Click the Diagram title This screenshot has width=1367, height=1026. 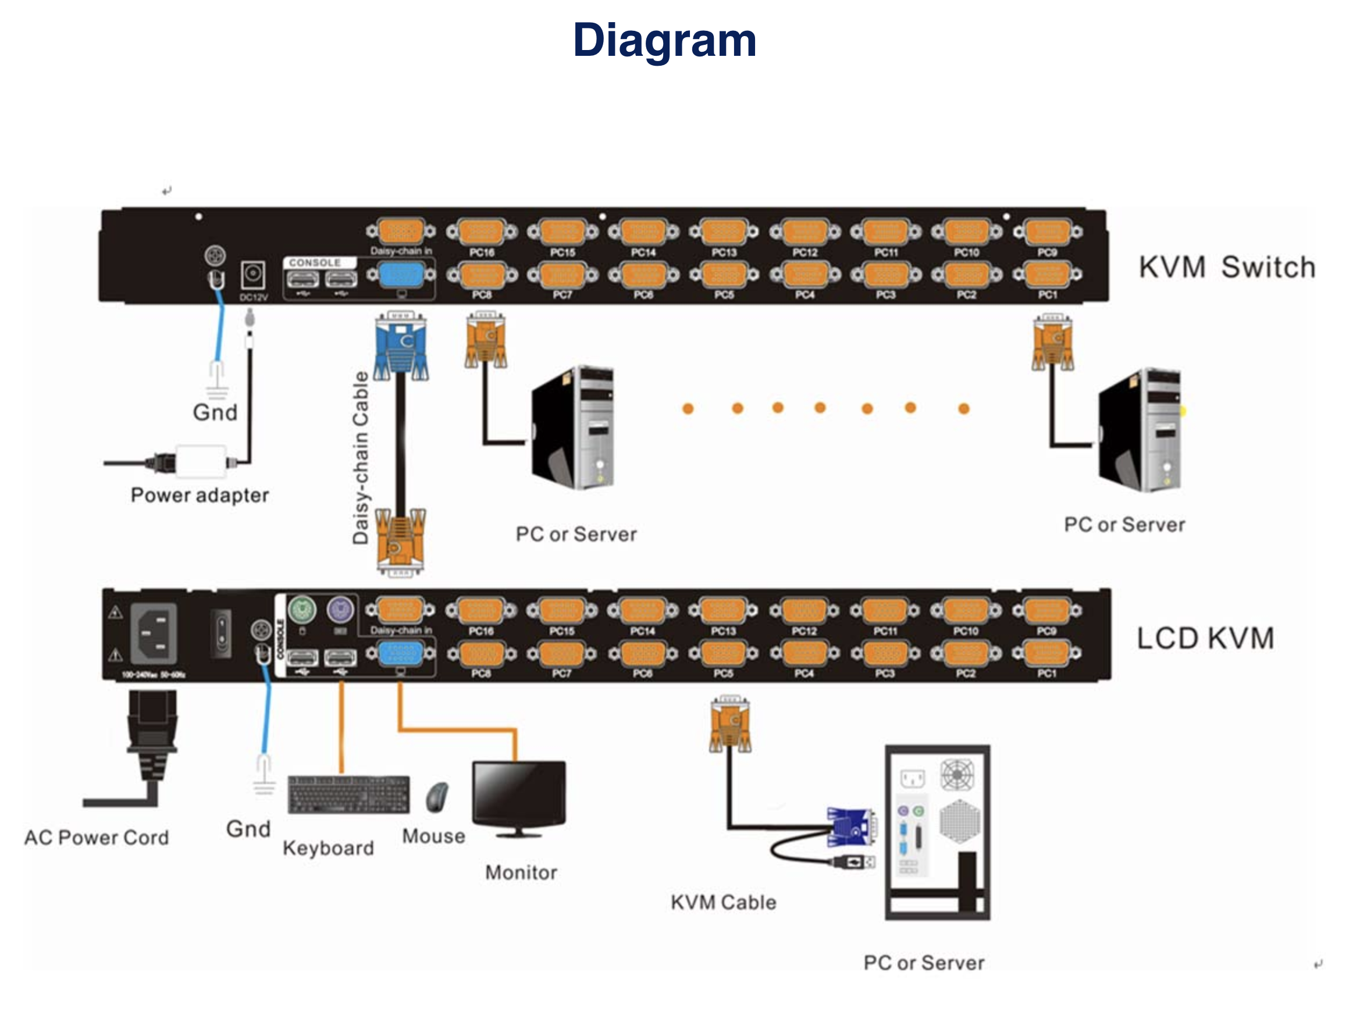664,41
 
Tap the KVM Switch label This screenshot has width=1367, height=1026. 1227,268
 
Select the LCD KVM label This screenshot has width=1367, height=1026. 1205,639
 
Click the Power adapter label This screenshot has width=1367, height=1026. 200,495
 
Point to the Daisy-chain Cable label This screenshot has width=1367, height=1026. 360,457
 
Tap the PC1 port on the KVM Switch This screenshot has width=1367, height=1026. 1048,275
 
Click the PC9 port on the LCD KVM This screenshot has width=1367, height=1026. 1046,611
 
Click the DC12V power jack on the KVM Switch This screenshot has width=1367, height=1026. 253,275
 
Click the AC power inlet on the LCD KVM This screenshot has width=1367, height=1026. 153,633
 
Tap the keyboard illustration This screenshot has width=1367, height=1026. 348,795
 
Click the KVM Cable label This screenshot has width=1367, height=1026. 723,902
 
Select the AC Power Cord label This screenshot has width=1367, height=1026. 97,838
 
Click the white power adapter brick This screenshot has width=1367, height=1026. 201,462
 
